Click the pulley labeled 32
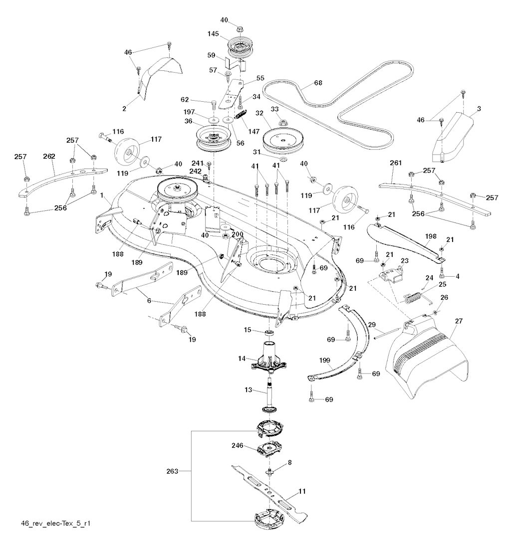282,141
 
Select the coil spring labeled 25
412,298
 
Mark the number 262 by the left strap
49,156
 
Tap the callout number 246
237,445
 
